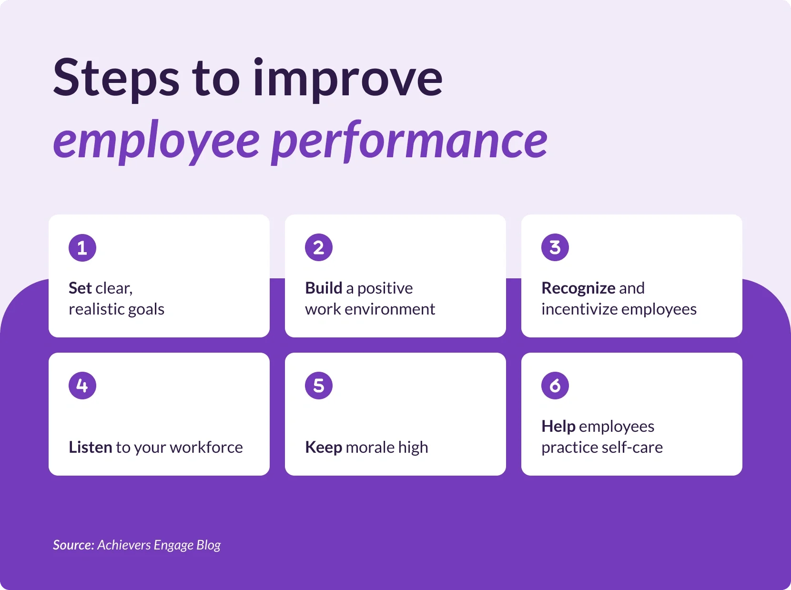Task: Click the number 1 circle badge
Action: coord(82,248)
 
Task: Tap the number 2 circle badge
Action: coord(319,248)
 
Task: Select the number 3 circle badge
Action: coord(555,248)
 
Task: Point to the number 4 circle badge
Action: coord(82,386)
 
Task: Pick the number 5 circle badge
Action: coord(319,386)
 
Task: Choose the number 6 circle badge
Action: coord(555,386)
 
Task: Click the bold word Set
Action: coord(80,288)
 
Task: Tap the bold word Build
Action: coord(324,288)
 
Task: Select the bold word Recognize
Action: coord(578,288)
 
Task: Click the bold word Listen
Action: coord(91,448)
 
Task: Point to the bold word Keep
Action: coord(324,448)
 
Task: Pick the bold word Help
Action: coord(558,427)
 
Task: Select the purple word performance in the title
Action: coord(410,141)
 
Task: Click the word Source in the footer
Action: coord(73,545)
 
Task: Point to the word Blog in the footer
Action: coord(209,545)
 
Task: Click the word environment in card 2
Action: coord(390,309)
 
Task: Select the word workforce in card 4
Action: coord(206,448)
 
